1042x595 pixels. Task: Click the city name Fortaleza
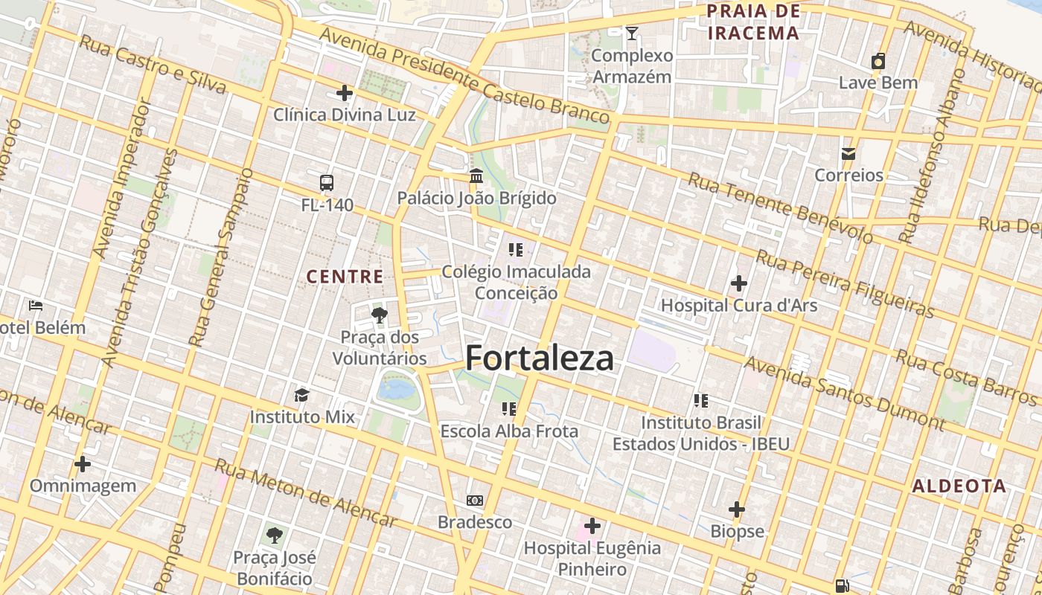[x=540, y=358]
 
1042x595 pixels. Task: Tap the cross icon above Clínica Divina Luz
[x=344, y=93]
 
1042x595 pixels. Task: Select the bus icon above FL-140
[x=326, y=182]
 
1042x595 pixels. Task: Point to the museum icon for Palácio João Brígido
[x=476, y=176]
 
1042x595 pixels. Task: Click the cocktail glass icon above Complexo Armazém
[x=632, y=33]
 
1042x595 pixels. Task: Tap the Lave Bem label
[x=878, y=83]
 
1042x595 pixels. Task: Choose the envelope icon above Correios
[x=848, y=154]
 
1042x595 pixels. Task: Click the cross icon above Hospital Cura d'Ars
[x=738, y=283]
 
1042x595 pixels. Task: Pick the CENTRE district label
[x=345, y=277]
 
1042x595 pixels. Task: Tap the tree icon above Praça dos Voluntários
[x=379, y=315]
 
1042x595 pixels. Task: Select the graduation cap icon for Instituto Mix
[x=301, y=394]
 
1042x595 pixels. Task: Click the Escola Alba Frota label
[x=509, y=431]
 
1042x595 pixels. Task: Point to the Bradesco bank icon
[x=474, y=501]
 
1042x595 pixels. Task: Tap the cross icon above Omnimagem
[x=83, y=464]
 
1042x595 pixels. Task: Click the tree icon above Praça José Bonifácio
[x=275, y=535]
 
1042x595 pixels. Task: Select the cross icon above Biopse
[x=737, y=509]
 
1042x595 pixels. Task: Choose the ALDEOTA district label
[x=959, y=486]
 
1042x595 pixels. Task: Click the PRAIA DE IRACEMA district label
[x=753, y=22]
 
